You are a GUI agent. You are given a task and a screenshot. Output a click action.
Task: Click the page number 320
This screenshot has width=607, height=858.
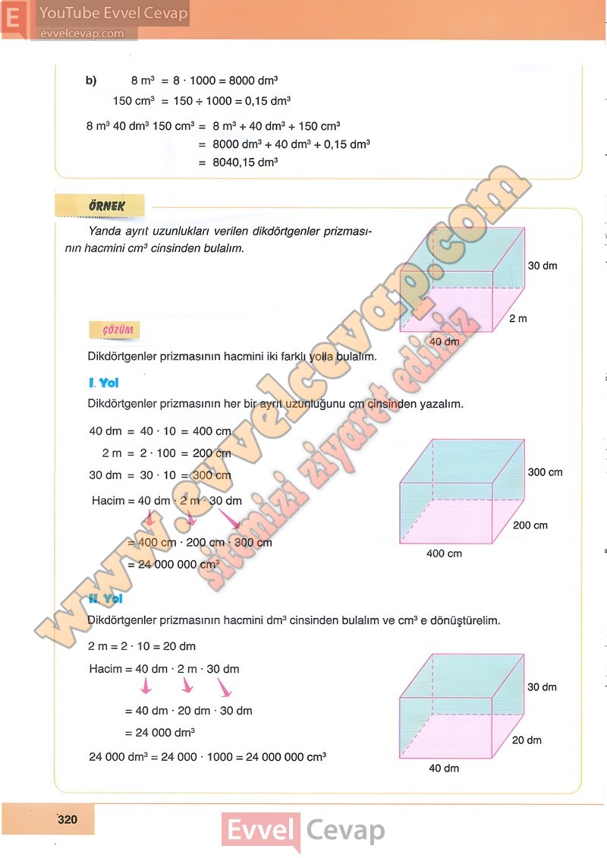(68, 819)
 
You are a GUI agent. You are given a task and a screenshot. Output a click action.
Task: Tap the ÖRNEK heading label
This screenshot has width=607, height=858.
(101, 205)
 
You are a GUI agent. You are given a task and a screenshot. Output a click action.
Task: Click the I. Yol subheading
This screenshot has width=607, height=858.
(104, 383)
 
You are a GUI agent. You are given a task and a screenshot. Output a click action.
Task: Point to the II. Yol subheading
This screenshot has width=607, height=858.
(105, 599)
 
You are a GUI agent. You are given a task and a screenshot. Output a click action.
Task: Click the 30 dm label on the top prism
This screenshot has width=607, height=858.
(542, 266)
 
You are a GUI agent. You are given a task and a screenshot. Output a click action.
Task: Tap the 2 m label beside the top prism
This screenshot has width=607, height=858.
(517, 319)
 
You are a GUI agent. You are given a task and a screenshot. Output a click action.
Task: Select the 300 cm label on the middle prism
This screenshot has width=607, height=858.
(545, 472)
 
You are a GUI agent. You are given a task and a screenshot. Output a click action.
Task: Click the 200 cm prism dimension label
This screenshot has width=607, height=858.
(530, 525)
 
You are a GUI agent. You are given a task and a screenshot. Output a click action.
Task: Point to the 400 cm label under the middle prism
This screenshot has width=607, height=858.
(444, 554)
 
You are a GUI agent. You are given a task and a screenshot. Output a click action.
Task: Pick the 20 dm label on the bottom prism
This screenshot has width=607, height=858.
(527, 740)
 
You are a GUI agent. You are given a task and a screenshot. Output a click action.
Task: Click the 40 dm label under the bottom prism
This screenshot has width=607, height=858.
(444, 768)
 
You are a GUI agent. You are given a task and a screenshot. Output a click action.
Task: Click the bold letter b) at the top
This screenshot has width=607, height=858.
(91, 80)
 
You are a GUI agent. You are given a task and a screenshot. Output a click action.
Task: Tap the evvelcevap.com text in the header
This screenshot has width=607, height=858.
(80, 33)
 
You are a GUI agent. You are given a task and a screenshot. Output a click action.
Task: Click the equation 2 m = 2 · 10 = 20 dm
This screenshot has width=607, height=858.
(142, 646)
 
